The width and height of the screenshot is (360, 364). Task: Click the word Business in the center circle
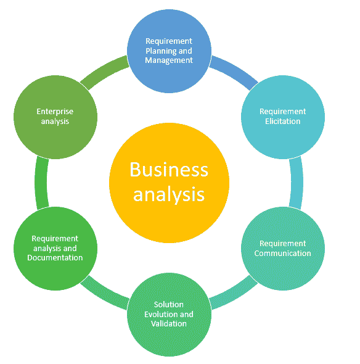point(169,169)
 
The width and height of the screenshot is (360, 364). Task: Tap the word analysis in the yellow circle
point(169,195)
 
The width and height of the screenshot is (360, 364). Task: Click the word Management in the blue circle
point(169,60)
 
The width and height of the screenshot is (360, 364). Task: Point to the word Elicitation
point(283,121)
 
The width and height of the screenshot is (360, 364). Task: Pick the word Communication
point(283,253)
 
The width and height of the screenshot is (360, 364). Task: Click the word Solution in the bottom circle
point(169,304)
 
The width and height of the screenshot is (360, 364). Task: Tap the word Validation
point(169,323)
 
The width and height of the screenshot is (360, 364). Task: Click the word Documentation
point(55,257)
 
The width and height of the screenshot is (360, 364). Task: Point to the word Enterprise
point(55,112)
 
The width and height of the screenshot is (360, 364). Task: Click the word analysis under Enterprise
point(55,122)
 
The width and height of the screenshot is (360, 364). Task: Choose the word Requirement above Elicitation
point(283,112)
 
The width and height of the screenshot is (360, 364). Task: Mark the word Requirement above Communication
point(283,244)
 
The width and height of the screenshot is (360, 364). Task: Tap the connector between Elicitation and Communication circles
point(297,182)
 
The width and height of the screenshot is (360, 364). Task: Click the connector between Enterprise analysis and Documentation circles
point(41,183)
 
